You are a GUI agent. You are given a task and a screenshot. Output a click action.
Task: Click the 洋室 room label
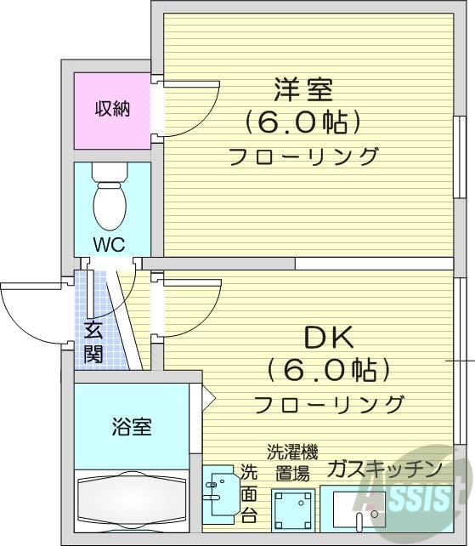(x=303, y=88)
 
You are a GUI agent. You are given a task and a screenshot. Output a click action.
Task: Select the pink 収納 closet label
(x=112, y=109)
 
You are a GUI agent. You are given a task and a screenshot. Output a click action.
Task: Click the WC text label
(x=109, y=245)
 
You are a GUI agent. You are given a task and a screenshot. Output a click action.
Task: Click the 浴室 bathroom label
(x=132, y=427)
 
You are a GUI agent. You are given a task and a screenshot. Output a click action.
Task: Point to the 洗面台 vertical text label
(x=248, y=493)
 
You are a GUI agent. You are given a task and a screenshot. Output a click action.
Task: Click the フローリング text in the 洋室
(x=303, y=157)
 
